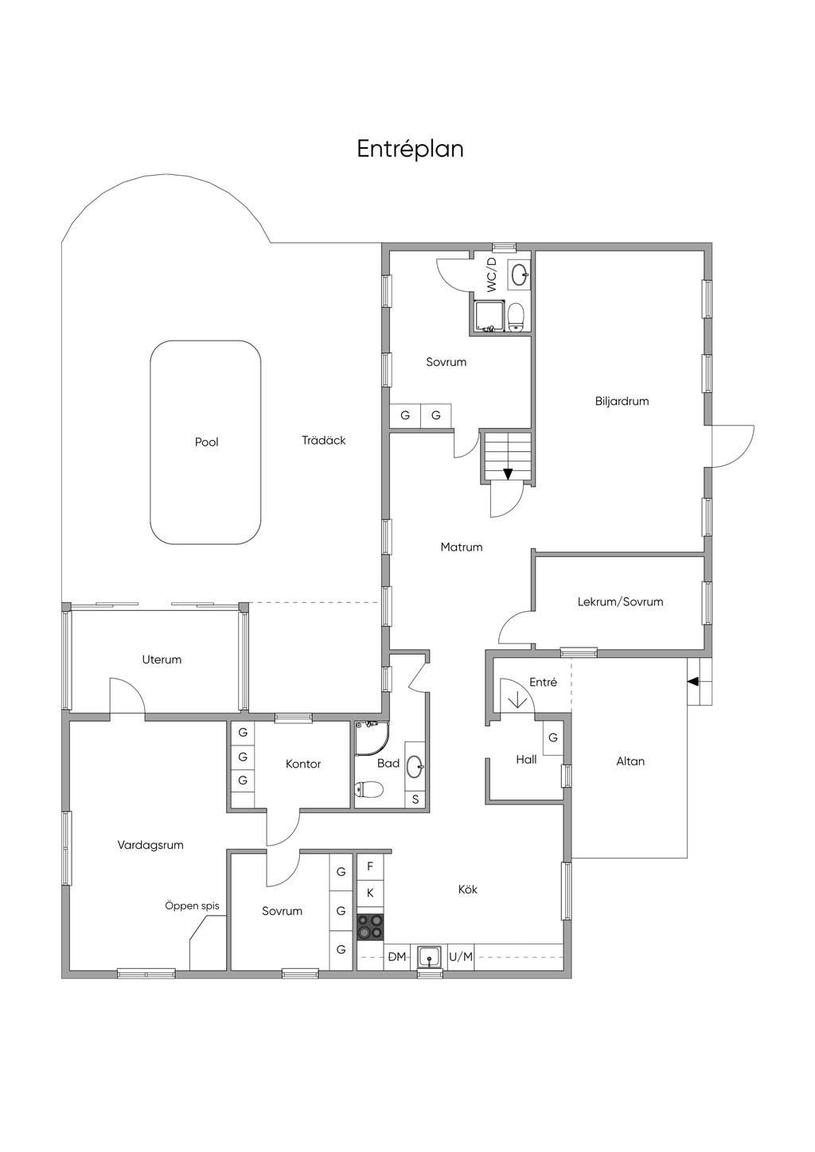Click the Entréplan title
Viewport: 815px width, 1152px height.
[x=410, y=149]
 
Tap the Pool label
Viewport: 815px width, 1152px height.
[x=206, y=442]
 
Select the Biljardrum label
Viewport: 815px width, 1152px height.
[x=622, y=401]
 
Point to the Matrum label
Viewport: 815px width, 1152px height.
[x=462, y=547]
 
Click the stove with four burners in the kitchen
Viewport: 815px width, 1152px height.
[x=370, y=926]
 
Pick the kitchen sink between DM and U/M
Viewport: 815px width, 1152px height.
[x=429, y=956]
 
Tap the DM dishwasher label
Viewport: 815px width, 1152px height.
[x=396, y=956]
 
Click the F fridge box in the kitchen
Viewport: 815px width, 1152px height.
[x=370, y=866]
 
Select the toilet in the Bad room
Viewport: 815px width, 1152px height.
[x=369, y=788]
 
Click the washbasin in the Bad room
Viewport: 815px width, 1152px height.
[x=415, y=767]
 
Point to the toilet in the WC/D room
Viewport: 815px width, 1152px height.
[x=516, y=317]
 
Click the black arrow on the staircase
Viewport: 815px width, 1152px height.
[x=508, y=473]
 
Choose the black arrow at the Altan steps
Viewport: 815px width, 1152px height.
[x=693, y=682]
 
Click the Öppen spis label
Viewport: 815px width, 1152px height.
[x=192, y=906]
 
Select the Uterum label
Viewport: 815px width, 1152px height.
[x=162, y=660]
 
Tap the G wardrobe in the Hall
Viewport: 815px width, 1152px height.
[x=553, y=738]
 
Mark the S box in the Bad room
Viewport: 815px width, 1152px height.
[x=415, y=800]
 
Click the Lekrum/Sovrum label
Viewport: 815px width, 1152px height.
[x=620, y=601]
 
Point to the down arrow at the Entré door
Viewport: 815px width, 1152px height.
[x=517, y=700]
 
